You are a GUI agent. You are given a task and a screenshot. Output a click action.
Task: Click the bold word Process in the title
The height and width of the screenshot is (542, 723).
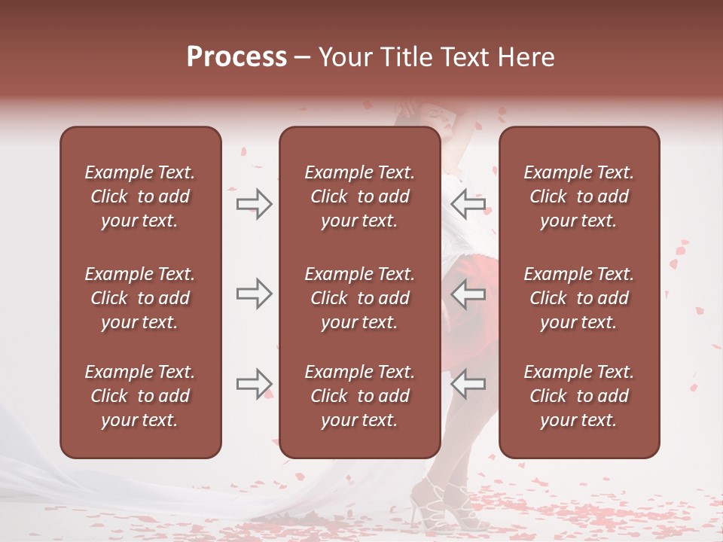(236, 57)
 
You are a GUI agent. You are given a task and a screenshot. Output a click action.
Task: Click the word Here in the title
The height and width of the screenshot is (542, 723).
(526, 57)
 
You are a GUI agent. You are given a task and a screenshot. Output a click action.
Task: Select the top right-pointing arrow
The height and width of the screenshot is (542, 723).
(254, 203)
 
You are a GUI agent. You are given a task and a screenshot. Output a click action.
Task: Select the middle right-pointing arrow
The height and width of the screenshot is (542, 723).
(254, 294)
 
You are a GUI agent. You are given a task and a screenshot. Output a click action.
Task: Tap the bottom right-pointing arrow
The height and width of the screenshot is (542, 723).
(254, 384)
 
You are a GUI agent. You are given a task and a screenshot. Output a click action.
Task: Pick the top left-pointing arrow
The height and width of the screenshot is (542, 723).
(468, 203)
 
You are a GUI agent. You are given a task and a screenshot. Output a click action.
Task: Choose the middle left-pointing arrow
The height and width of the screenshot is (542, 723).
(468, 294)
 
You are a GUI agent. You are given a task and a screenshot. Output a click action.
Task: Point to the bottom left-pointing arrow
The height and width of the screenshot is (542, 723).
(468, 384)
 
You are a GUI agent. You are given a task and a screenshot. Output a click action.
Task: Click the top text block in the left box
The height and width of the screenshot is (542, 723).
(140, 196)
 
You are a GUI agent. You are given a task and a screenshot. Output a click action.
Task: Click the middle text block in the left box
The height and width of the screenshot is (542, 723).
(140, 298)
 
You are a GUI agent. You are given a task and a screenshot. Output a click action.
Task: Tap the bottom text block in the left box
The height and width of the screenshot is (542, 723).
(140, 396)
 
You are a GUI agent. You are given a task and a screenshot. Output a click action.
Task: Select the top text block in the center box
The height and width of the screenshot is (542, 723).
(359, 196)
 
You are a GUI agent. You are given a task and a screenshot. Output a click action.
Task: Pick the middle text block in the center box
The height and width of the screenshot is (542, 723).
(359, 298)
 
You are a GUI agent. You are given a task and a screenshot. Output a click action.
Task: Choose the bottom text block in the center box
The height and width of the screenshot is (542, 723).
(359, 396)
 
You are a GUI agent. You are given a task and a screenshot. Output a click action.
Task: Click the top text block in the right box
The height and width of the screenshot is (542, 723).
(579, 196)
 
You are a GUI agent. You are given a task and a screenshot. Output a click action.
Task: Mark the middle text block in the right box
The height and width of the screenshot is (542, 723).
(579, 298)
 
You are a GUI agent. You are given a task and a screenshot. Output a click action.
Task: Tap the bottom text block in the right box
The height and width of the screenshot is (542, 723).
(579, 396)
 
